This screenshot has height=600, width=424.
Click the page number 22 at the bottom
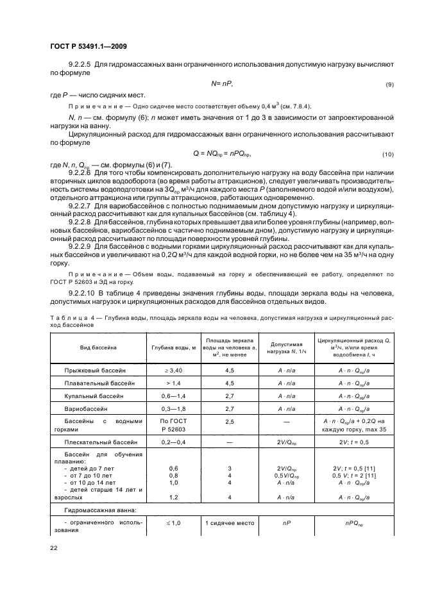(54, 547)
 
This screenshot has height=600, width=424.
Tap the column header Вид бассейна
(98, 347)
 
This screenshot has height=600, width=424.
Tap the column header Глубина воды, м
(173, 347)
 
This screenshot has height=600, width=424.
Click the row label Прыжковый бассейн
(95, 371)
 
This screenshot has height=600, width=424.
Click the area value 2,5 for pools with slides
(230, 422)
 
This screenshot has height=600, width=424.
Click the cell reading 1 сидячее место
(230, 523)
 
